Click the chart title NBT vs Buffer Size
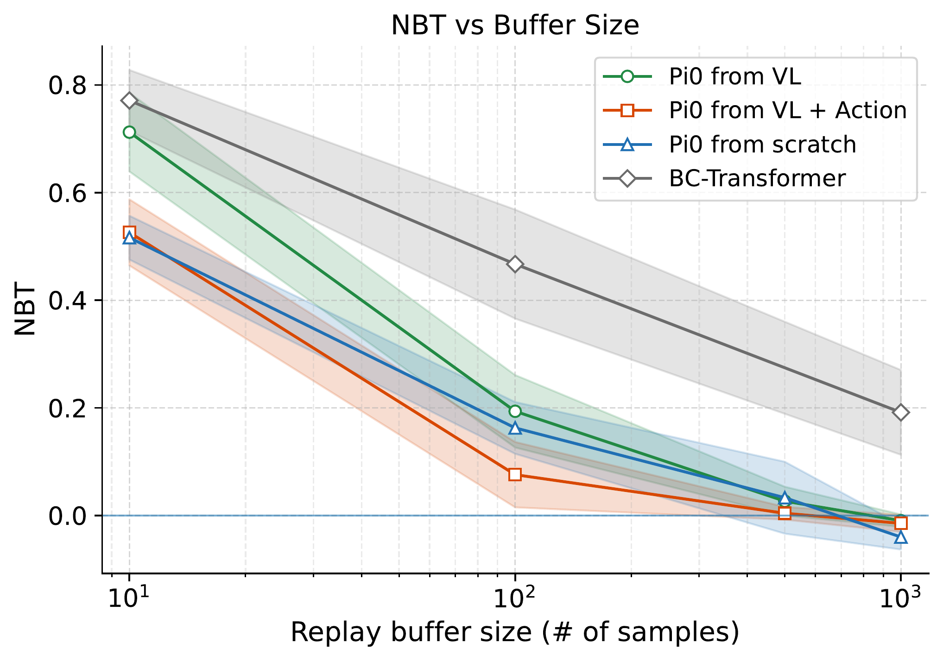point(515,25)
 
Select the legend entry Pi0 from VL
point(734,76)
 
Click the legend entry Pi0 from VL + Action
point(787,110)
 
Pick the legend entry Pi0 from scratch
point(762,145)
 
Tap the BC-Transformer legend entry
point(757,178)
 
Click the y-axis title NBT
point(25,309)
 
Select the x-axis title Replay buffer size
point(515,633)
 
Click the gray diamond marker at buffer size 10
point(129,101)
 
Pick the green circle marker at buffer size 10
point(129,132)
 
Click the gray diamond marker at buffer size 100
point(515,264)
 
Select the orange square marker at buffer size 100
point(515,474)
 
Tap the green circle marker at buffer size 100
point(515,411)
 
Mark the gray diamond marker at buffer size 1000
point(900,412)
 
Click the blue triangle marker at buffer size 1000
point(900,537)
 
